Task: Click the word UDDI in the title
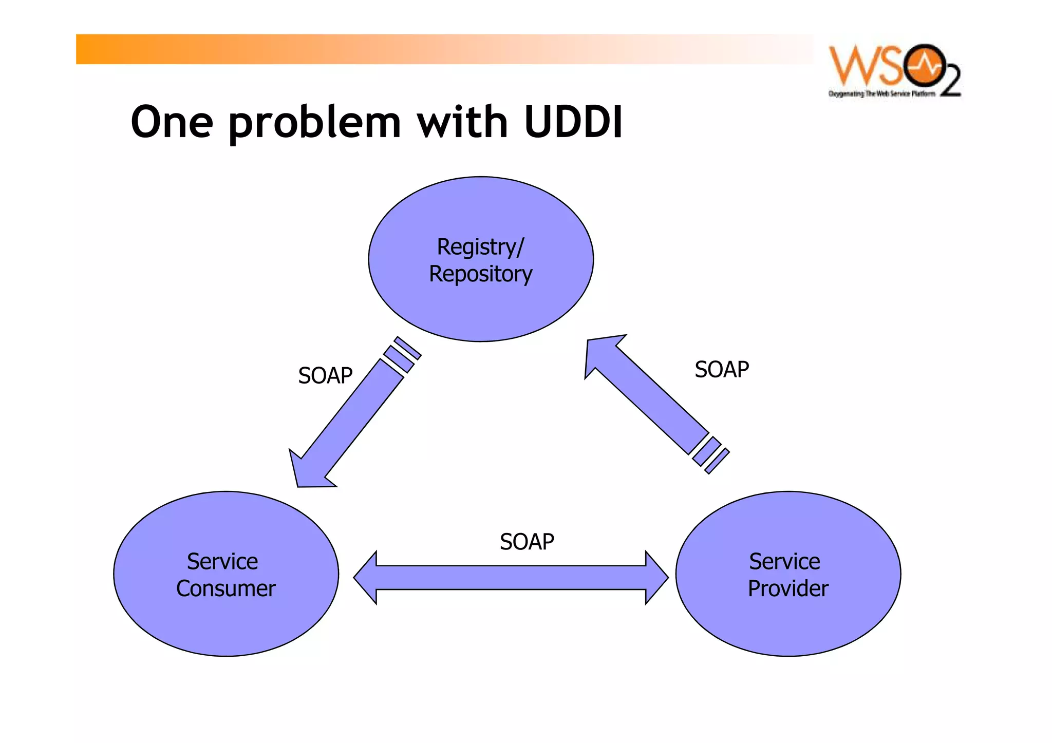point(573,122)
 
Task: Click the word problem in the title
point(314,123)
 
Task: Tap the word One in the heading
point(172,122)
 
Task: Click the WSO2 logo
point(894,67)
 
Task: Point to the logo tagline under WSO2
point(881,94)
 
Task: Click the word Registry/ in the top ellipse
point(480,247)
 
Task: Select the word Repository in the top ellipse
point(480,274)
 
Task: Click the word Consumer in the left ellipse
point(226,588)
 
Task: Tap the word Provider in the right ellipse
point(788,588)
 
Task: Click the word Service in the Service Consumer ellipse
point(222,561)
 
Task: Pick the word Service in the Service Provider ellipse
point(784,561)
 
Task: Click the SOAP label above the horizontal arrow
point(527,542)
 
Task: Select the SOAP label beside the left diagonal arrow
point(325,375)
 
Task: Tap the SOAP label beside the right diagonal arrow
point(722,369)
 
